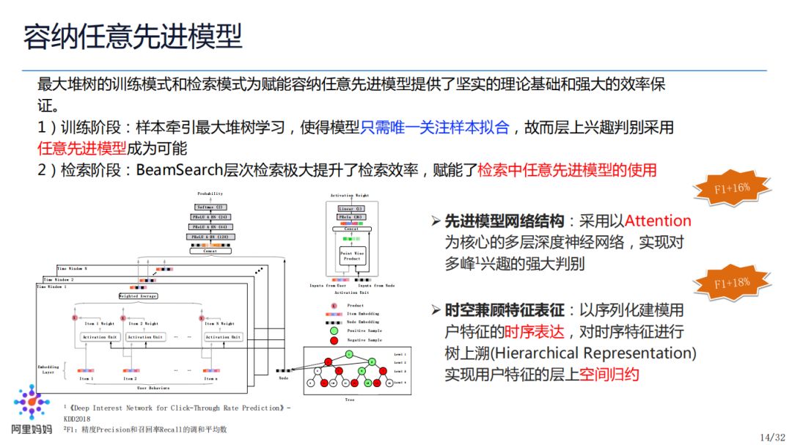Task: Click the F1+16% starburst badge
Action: pyautogui.click(x=733, y=188)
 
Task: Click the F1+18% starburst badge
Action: pyautogui.click(x=733, y=282)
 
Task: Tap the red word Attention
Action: pyautogui.click(x=658, y=221)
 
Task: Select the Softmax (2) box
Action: pyautogui.click(x=210, y=207)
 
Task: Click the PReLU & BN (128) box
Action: pyautogui.click(x=210, y=238)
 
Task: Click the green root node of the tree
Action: pyautogui.click(x=350, y=355)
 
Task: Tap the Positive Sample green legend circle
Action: pyautogui.click(x=334, y=330)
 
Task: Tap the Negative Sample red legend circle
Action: pyautogui.click(x=334, y=339)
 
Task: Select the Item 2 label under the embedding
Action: pyautogui.click(x=131, y=379)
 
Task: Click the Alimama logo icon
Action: pyautogui.click(x=32, y=405)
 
